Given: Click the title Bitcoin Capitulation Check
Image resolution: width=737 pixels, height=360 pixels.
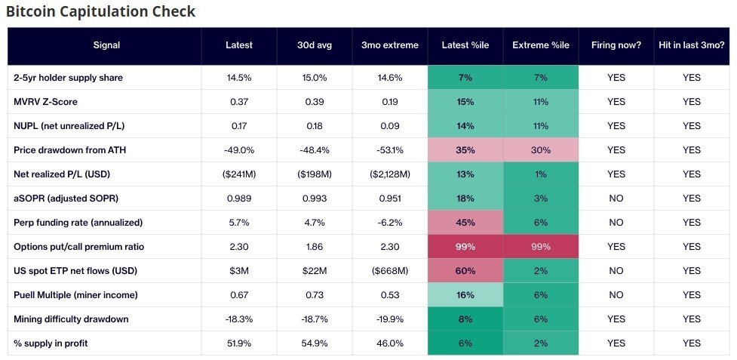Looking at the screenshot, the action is click(100, 11).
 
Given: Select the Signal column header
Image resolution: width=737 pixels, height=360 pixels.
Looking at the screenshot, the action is click(106, 45).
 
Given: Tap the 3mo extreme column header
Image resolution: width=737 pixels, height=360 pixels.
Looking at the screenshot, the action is click(390, 45).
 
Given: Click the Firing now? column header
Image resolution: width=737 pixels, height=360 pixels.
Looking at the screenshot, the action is click(616, 45).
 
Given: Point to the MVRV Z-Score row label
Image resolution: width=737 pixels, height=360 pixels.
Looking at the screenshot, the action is click(45, 102).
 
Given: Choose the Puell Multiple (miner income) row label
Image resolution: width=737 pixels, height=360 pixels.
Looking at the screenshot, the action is click(75, 294).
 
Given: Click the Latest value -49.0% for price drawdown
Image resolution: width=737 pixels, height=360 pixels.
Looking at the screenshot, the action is click(239, 150).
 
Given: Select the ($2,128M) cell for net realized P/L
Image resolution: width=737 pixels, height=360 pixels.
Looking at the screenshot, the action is click(390, 174).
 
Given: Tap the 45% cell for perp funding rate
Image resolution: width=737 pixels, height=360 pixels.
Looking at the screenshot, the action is click(465, 223).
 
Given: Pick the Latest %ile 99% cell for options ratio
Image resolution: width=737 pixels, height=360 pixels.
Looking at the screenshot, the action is click(465, 247).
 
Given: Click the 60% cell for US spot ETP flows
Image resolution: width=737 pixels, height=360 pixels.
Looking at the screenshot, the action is click(465, 271).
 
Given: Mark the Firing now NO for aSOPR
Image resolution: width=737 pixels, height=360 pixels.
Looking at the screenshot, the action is click(616, 198).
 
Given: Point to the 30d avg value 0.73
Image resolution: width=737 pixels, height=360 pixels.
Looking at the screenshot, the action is click(315, 294).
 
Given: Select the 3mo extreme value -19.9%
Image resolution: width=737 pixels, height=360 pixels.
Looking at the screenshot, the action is click(390, 319).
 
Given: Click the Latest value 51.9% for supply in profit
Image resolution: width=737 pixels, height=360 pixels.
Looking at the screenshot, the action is click(239, 343).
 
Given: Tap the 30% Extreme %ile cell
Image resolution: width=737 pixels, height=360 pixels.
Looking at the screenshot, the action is click(541, 150).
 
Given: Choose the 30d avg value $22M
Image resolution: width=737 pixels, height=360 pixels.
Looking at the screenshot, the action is click(315, 271).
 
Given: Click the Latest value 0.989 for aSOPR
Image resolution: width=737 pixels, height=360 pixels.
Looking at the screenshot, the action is click(239, 198).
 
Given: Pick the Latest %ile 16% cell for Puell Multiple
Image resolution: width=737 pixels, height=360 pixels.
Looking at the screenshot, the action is click(465, 294).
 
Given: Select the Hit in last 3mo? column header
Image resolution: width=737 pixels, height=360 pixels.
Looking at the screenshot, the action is click(692, 45).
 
